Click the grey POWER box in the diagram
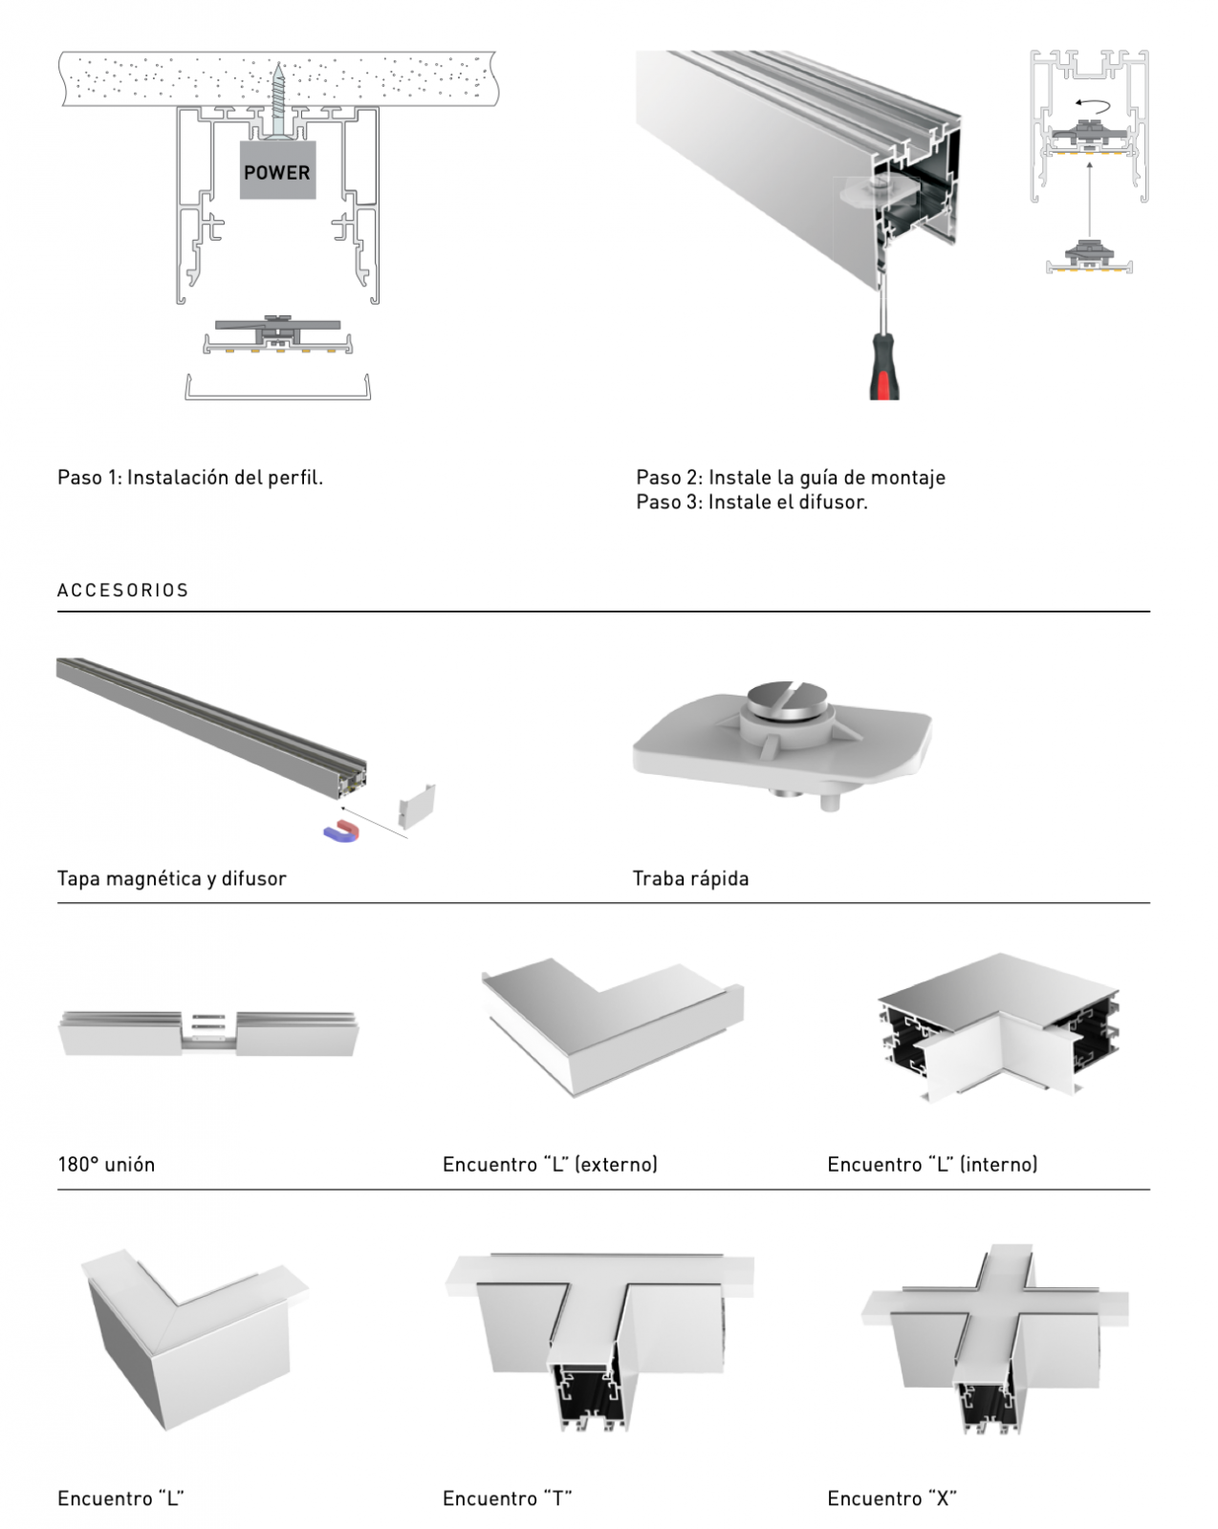pos(277,170)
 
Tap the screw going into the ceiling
pos(277,100)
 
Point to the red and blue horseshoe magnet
pos(341,832)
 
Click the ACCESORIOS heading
pos(123,591)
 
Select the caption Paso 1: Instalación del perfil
pos(190,477)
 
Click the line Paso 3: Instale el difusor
pos(751,502)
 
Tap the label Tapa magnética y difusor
pos(172,878)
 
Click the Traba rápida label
pos(690,878)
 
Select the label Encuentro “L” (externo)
pos(550,1164)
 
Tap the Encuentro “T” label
pos(507,1497)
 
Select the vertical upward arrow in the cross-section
pos(1090,201)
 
